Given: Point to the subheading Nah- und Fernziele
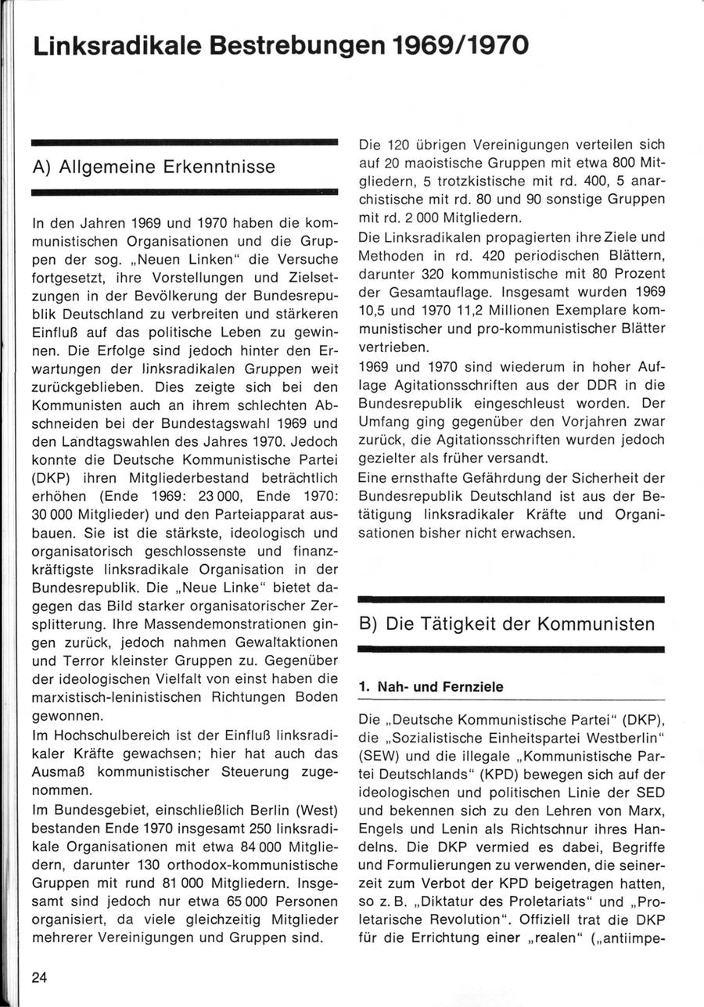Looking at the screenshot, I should (x=431, y=686).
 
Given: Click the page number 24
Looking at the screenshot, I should (x=40, y=976).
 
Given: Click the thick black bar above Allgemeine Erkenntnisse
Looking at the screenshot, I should (x=183, y=143).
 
